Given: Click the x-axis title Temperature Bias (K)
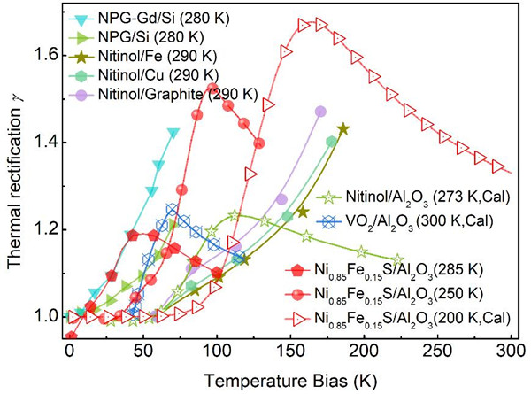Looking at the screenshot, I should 289,379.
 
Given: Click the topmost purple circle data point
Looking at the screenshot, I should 320,112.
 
